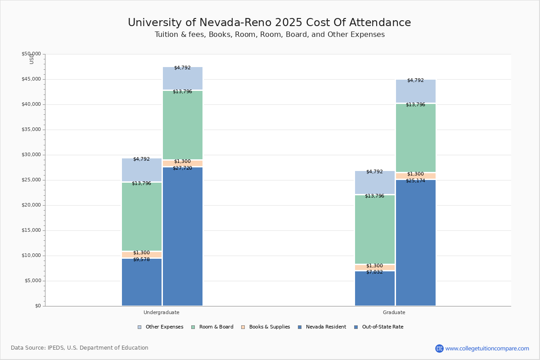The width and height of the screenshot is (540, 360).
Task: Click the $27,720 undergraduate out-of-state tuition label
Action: click(182, 168)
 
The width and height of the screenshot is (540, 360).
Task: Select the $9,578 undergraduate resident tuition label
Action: click(141, 260)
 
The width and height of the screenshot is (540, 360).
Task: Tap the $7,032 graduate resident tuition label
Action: click(374, 272)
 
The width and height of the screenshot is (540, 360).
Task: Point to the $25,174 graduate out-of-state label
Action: click(415, 181)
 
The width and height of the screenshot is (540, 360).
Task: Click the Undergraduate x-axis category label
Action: click(162, 312)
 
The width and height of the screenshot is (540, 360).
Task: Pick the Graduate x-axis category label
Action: click(394, 312)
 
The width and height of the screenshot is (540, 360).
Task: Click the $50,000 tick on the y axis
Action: click(31, 54)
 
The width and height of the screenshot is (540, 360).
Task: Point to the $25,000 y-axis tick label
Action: click(31, 180)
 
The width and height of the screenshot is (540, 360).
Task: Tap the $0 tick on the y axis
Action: click(38, 306)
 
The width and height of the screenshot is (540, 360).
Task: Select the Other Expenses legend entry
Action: click(161, 327)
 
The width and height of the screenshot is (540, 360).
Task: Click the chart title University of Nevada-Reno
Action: click(269, 23)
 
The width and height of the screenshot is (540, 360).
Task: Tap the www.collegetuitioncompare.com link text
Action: click(487, 348)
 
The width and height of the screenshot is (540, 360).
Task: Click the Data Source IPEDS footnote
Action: click(80, 348)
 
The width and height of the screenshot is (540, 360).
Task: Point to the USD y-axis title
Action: click(31, 58)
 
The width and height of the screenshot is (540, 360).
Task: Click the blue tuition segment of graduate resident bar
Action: click(375, 290)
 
